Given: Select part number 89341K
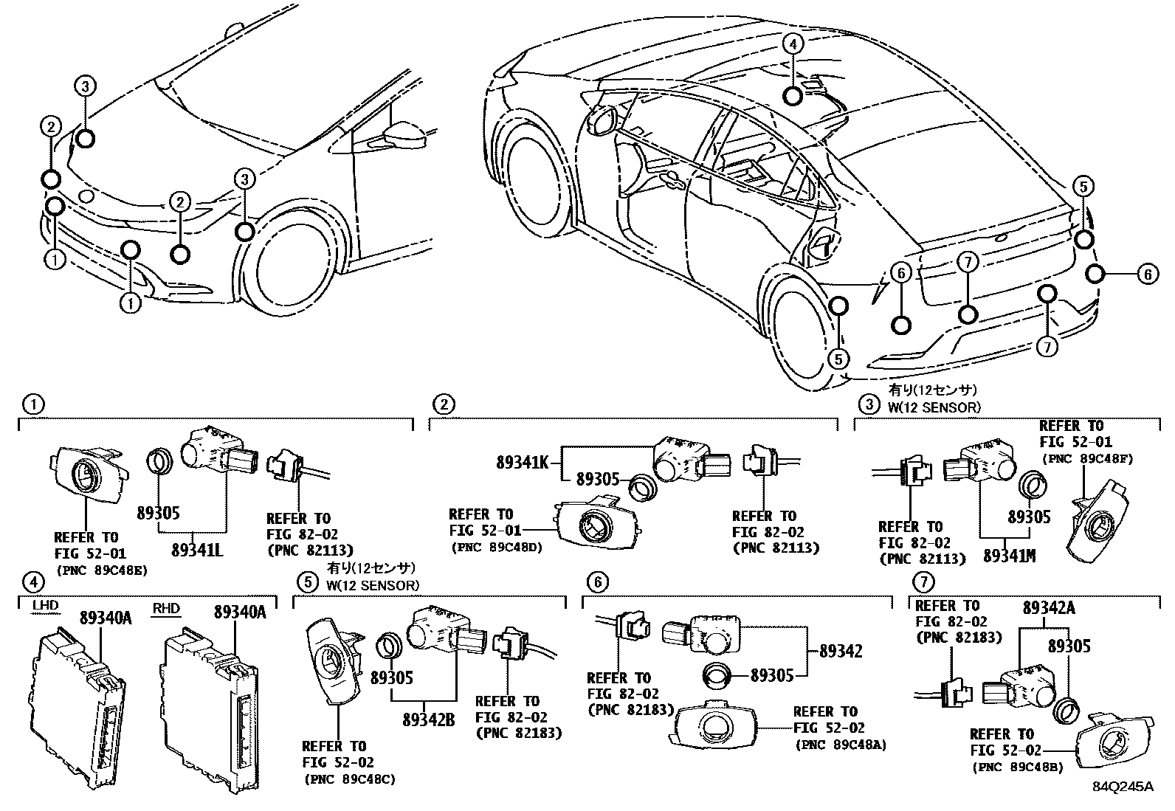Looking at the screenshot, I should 522,463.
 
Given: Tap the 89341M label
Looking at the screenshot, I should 1009,555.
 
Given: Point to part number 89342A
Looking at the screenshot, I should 1049,608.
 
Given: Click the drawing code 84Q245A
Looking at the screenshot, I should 1123,786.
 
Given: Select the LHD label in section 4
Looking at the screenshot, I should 46,607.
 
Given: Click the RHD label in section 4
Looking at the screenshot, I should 166,608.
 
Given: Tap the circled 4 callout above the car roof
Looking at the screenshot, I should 793,44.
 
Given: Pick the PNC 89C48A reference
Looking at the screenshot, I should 841,745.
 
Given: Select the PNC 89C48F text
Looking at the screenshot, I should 1086,458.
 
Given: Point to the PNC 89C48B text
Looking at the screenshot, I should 1018,767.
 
